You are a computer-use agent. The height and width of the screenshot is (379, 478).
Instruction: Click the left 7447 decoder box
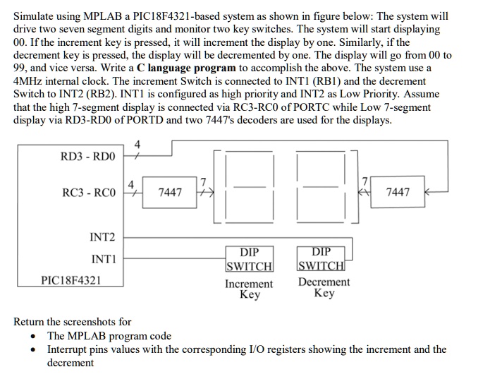coord(170,192)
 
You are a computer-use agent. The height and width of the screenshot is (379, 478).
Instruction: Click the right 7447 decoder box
coord(398,192)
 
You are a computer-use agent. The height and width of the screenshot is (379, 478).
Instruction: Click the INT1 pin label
coord(103,259)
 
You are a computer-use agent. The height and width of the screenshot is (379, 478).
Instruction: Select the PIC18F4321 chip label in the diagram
coord(71,280)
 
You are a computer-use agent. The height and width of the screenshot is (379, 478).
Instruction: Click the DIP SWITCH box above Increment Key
coord(249,259)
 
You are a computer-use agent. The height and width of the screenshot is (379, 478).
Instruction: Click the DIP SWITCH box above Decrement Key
coord(321,259)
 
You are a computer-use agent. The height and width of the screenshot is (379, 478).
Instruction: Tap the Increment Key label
coord(249,289)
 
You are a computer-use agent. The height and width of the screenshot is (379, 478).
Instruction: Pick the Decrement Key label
coord(324,287)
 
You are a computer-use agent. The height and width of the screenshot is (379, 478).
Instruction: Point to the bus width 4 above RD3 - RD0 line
coord(137,145)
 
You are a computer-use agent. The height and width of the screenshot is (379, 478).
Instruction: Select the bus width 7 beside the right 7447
coord(365,182)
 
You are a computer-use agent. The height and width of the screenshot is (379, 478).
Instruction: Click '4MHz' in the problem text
coord(28,81)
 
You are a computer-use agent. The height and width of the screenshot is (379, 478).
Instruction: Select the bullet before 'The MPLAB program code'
coord(34,336)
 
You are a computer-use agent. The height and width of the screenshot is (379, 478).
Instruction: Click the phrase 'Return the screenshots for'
coord(73,322)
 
